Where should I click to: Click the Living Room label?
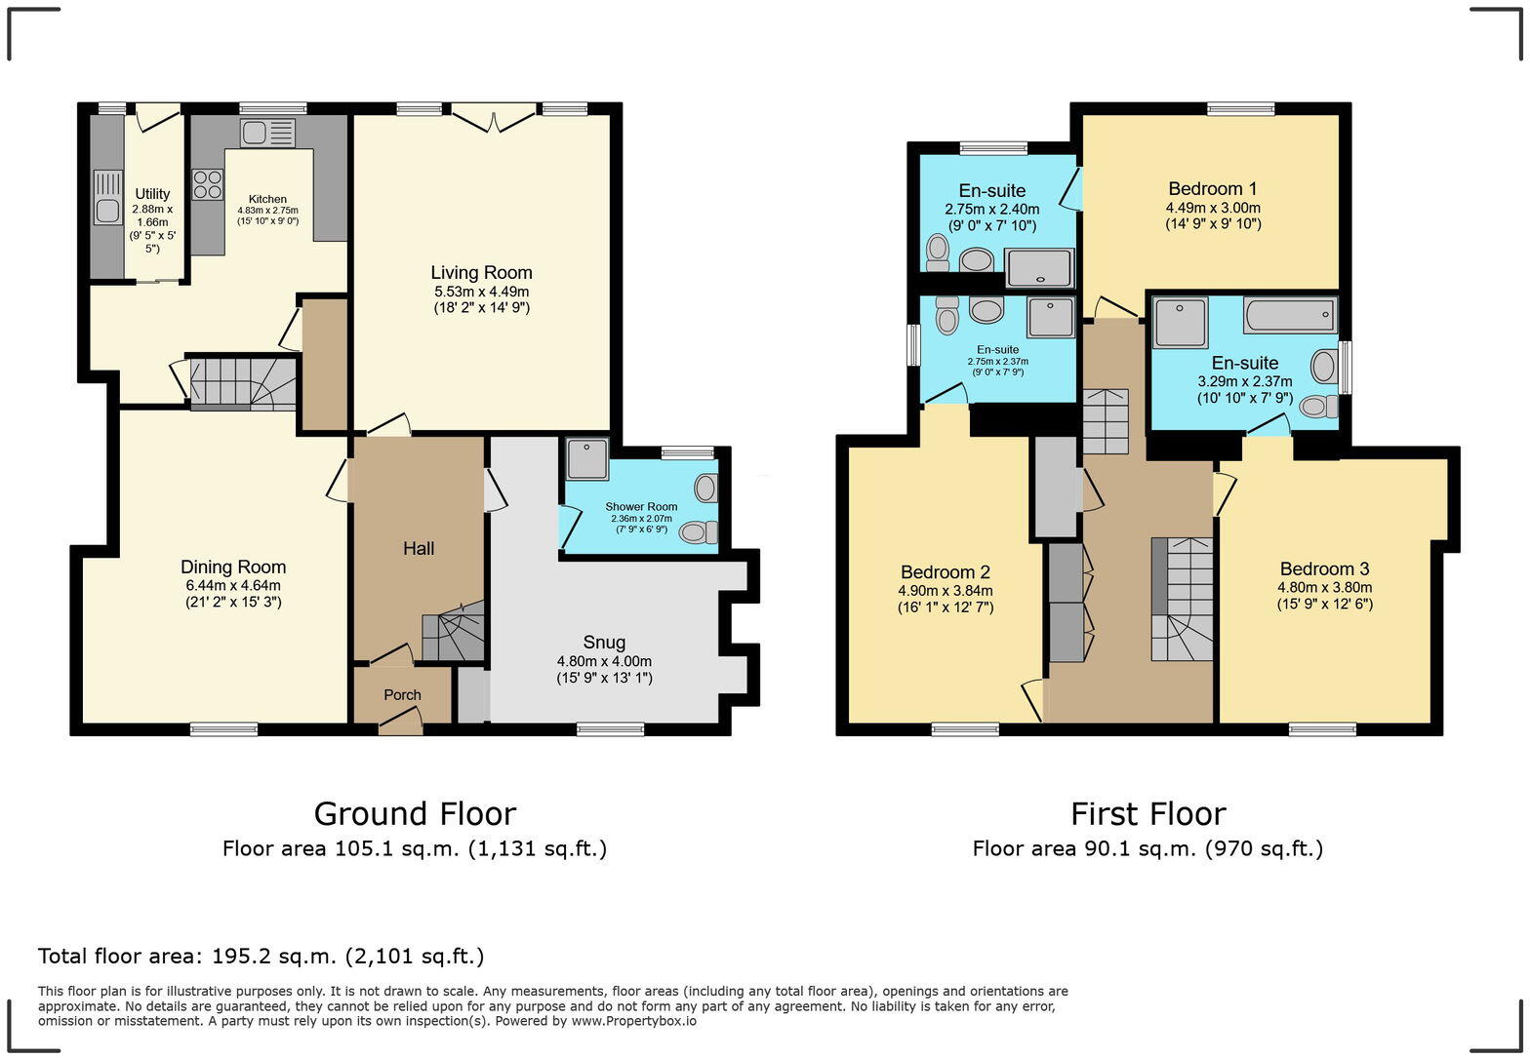[x=482, y=273]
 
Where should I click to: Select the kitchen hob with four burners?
[x=208, y=184]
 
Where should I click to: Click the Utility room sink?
[x=106, y=196]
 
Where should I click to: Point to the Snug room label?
[x=604, y=643]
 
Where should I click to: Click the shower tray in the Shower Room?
[x=587, y=458]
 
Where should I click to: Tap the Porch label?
[x=402, y=695]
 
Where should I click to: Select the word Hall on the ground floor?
[x=419, y=549]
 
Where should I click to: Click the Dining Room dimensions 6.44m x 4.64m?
[x=233, y=586]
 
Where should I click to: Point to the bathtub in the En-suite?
[x=1289, y=316]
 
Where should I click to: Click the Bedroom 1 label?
[x=1213, y=189]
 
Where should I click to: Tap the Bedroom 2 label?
[x=945, y=572]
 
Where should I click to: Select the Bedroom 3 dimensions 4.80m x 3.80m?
[x=1324, y=588]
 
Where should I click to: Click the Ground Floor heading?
[x=415, y=813]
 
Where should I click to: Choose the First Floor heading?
[x=1147, y=813]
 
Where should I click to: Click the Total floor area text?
[x=261, y=956]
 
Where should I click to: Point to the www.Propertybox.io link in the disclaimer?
[x=633, y=1021]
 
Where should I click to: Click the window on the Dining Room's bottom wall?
[x=223, y=728]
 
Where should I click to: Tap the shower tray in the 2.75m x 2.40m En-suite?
[x=1038, y=267]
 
